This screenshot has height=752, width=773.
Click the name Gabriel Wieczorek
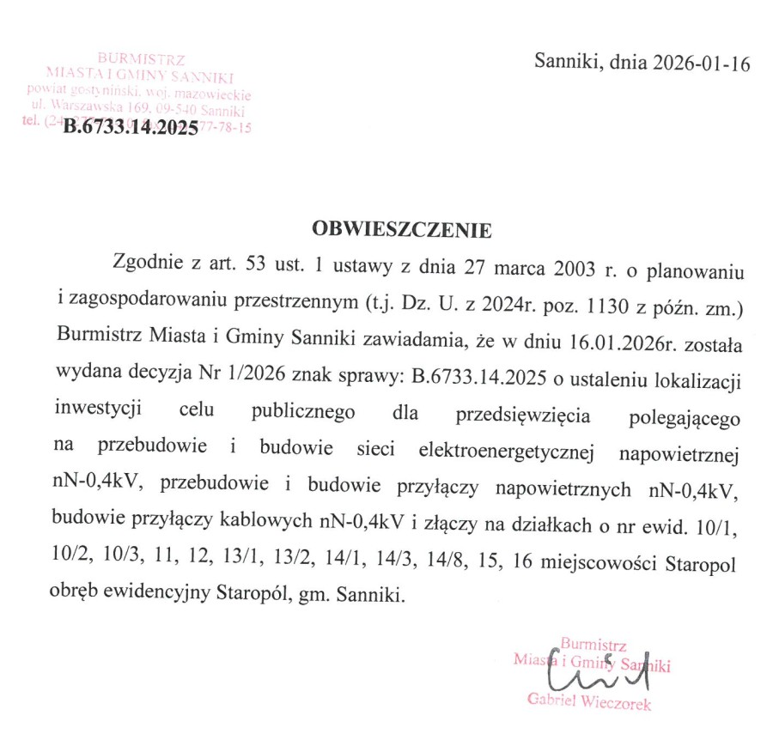[x=589, y=704]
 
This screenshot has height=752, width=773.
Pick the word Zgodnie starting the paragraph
[x=144, y=264]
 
